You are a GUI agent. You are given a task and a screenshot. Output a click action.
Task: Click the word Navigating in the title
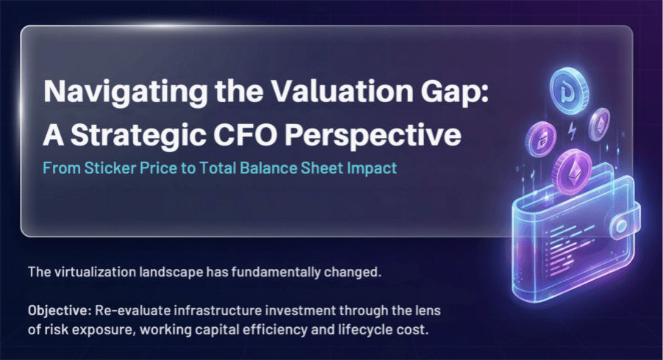(x=126, y=92)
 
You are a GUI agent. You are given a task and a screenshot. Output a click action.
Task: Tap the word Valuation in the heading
(x=342, y=91)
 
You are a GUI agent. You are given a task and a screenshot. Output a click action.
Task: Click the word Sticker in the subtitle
(x=110, y=168)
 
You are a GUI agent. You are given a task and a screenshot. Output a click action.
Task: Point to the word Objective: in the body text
(x=60, y=311)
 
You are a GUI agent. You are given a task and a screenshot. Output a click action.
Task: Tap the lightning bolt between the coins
(x=572, y=131)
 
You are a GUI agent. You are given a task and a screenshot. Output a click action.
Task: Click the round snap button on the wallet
(x=622, y=226)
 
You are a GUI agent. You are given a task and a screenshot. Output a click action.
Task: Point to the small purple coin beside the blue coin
(x=600, y=124)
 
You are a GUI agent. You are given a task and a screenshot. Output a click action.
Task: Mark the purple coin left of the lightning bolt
(x=540, y=140)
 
